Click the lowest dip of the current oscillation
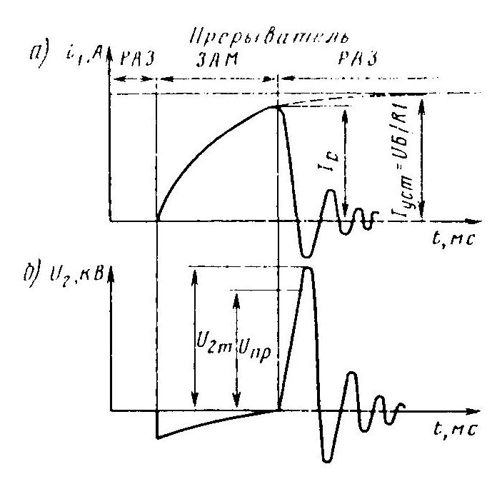pyautogui.click(x=306, y=256)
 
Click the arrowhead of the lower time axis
pyautogui.click(x=472, y=411)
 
